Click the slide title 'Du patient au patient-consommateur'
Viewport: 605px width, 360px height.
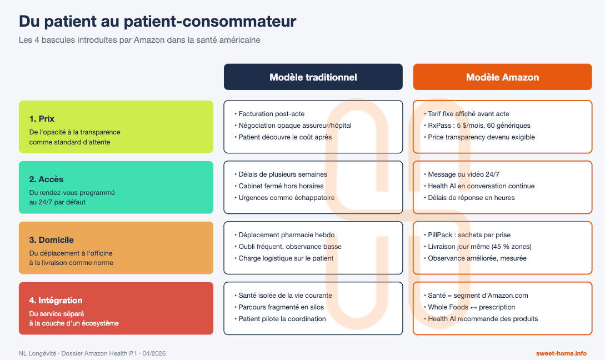click(157, 22)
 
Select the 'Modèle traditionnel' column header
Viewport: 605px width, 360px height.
click(313, 77)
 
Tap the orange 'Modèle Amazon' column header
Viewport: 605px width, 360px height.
click(502, 77)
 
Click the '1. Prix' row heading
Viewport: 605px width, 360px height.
click(42, 119)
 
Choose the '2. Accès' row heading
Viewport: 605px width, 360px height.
click(46, 179)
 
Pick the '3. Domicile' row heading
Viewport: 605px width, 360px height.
click(51, 240)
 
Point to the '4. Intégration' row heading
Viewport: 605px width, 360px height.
click(56, 301)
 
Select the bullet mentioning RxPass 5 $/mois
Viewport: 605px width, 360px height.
click(478, 126)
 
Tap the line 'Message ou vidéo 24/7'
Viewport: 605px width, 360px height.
click(463, 174)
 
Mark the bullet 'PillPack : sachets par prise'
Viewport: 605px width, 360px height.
click(468, 235)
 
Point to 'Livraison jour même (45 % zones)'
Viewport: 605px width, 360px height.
click(479, 247)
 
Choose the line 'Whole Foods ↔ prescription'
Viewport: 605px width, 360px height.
click(471, 307)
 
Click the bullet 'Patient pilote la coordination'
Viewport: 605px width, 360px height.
click(282, 319)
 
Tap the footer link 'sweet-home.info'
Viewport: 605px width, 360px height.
click(561, 353)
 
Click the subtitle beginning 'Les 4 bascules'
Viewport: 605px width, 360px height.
click(139, 41)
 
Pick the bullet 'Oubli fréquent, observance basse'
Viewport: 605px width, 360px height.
click(289, 247)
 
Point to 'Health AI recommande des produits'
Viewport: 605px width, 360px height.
click(482, 319)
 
